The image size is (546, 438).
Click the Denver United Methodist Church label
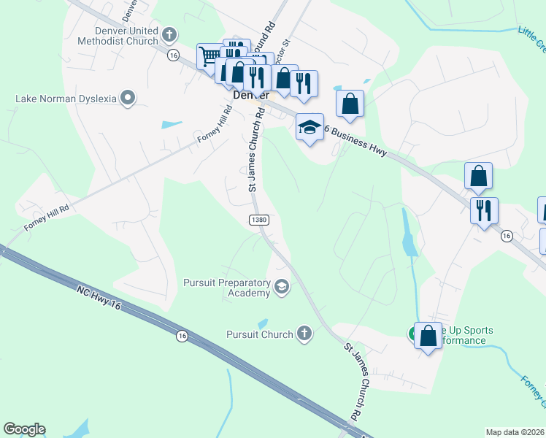click(126, 36)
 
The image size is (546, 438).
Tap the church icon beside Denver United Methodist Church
click(169, 34)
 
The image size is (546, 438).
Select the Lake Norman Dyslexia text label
click(66, 98)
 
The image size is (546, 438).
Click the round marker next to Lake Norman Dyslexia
click(128, 97)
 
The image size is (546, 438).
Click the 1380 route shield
click(258, 220)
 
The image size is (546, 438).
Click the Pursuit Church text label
click(260, 334)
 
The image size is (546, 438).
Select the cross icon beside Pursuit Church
click(304, 334)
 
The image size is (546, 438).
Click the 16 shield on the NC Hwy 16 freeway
click(182, 336)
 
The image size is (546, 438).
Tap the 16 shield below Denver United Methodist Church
click(172, 55)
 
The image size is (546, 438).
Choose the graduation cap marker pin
click(309, 128)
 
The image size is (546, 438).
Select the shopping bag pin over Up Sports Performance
click(428, 336)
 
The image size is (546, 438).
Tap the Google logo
click(24, 429)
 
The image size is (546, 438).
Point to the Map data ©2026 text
click(515, 432)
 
